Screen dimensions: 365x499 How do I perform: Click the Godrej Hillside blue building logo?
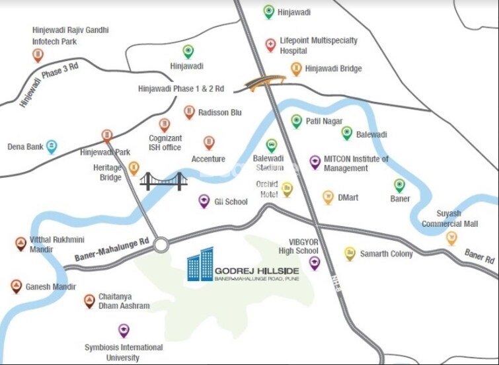click(200, 264)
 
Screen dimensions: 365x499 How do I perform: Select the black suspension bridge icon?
click(163, 181)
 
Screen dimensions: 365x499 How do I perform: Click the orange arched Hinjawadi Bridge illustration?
click(265, 82)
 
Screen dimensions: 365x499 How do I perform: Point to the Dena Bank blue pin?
click(52, 147)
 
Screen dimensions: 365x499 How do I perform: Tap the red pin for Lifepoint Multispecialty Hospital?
click(270, 45)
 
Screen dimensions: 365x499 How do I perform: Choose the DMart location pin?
click(328, 197)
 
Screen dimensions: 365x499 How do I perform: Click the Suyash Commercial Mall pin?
click(451, 237)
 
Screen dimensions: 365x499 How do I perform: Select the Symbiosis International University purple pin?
click(124, 331)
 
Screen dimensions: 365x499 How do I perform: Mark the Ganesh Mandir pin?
click(17, 286)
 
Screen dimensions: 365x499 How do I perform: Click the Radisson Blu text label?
click(220, 112)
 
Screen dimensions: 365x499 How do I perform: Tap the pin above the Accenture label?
click(209, 143)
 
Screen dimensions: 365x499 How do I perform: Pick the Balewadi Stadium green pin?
click(271, 145)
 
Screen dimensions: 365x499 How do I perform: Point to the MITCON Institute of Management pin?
click(315, 162)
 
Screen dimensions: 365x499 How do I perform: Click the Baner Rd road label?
click(479, 257)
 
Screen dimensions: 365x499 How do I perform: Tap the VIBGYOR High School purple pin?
click(315, 263)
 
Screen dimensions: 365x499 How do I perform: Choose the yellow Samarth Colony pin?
click(350, 253)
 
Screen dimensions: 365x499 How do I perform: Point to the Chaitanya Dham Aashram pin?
click(89, 302)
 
